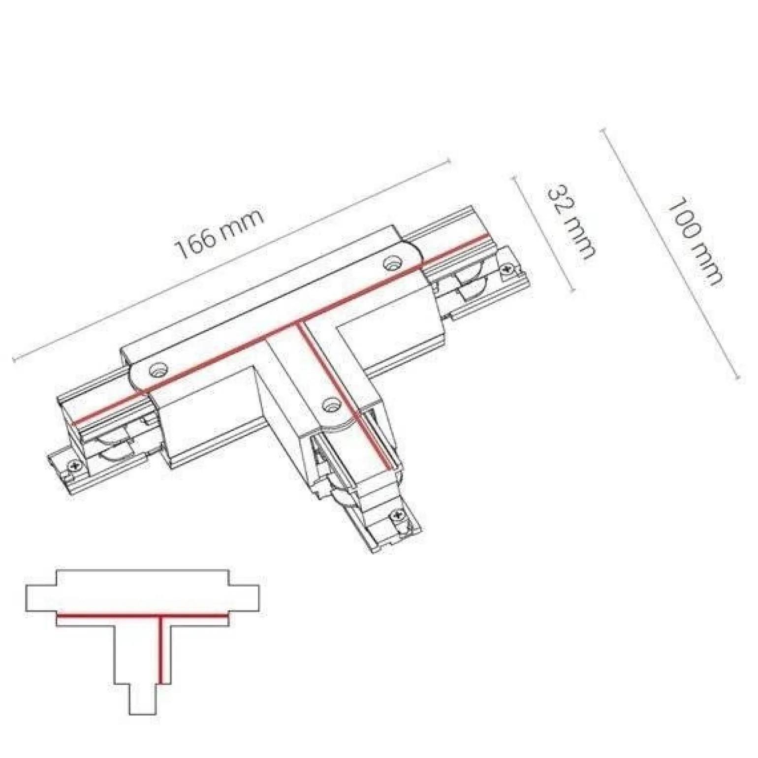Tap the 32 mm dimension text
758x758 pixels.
571,221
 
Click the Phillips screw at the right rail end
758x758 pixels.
506,269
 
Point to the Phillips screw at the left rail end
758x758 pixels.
75,465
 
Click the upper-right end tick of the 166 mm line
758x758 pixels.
448,160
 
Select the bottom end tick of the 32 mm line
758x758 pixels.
573,291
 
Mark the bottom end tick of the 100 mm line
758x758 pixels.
738,378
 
